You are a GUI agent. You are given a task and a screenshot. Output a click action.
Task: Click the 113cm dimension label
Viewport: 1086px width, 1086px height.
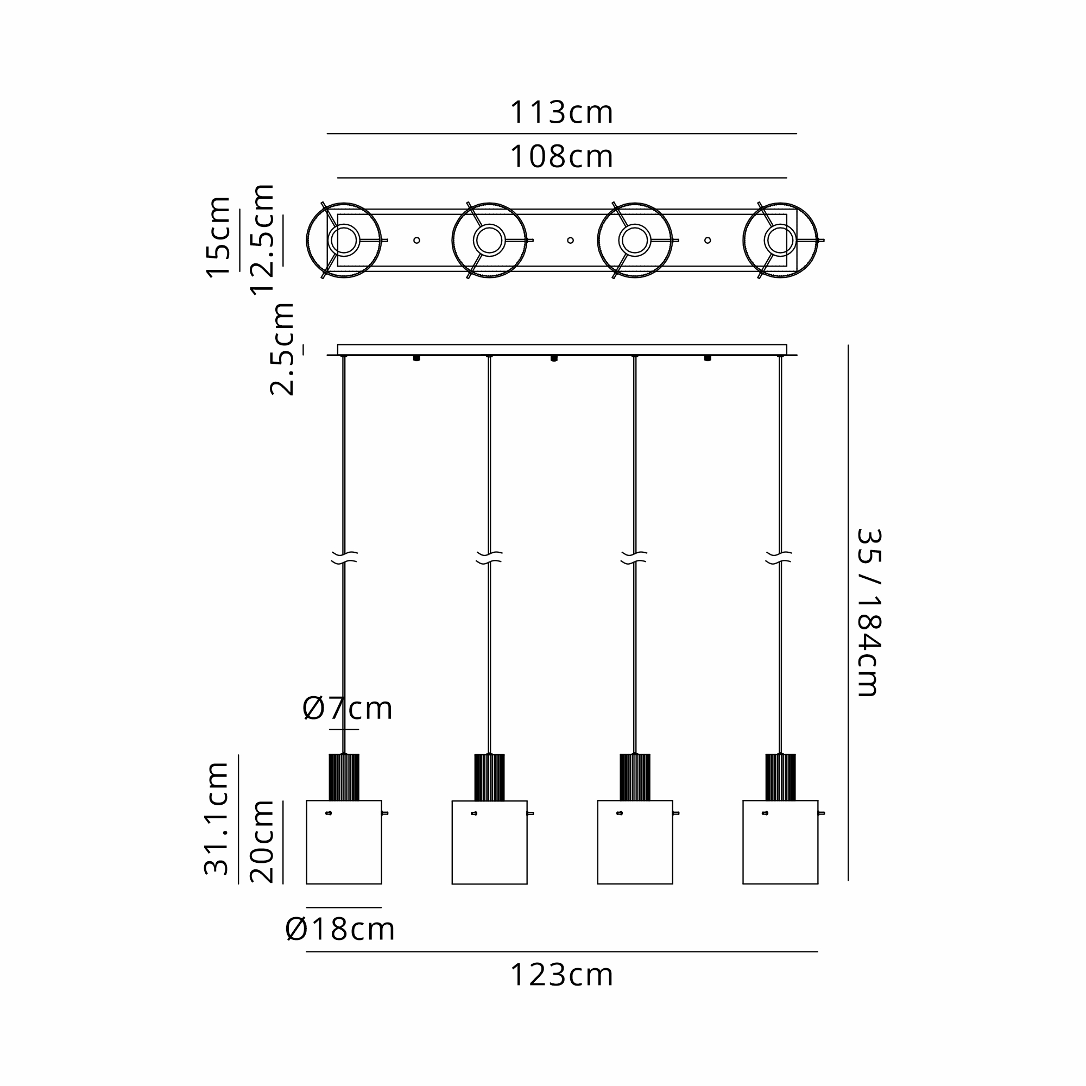click(x=561, y=112)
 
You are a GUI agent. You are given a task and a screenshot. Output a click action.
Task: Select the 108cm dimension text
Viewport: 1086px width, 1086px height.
click(x=561, y=157)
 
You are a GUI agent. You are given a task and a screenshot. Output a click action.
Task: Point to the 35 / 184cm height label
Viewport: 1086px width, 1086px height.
click(x=868, y=613)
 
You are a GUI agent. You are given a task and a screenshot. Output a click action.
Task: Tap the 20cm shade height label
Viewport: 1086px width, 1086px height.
click(x=261, y=842)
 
